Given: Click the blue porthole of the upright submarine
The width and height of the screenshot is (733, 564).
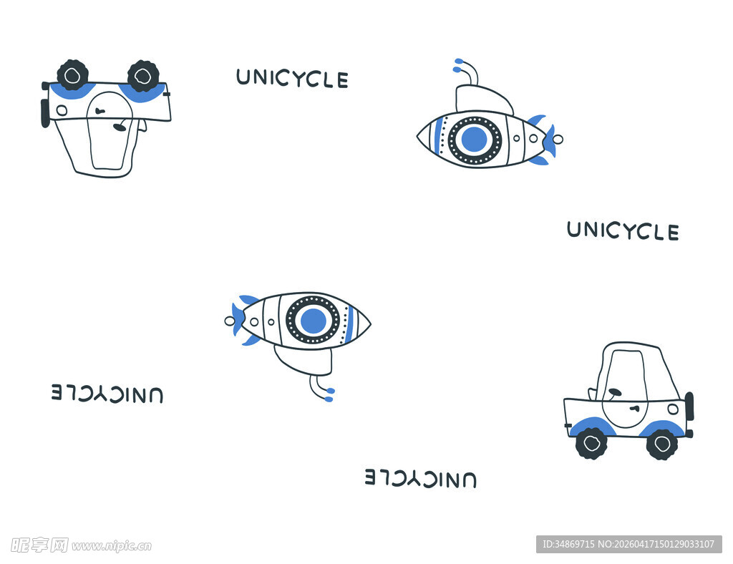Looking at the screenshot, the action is [474, 140].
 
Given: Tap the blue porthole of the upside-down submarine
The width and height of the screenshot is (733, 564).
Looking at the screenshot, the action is [314, 321].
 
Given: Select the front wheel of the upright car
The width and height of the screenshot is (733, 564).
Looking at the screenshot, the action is [661, 444].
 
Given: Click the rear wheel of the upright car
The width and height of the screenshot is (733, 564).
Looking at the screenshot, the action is [591, 442].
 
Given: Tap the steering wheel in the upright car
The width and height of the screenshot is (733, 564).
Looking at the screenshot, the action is [614, 392].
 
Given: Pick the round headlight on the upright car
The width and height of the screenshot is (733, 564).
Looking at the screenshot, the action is [673, 409].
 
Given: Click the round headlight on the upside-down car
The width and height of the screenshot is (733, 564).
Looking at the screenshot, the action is [62, 111].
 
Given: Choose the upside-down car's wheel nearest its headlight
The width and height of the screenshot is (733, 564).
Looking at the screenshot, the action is [72, 75].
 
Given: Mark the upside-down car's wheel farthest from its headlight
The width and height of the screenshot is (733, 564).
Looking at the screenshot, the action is [143, 76].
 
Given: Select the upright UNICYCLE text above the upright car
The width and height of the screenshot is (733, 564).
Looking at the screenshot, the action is [623, 231].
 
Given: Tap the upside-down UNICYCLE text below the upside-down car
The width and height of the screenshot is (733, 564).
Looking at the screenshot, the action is [107, 394].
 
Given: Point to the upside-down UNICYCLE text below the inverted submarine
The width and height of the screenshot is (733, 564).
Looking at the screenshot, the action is [421, 478].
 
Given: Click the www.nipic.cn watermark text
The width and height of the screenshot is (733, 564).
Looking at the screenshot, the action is [112, 546].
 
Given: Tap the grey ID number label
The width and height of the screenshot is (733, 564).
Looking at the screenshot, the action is [628, 544].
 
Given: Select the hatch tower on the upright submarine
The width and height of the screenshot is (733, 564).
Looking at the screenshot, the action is [483, 99].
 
